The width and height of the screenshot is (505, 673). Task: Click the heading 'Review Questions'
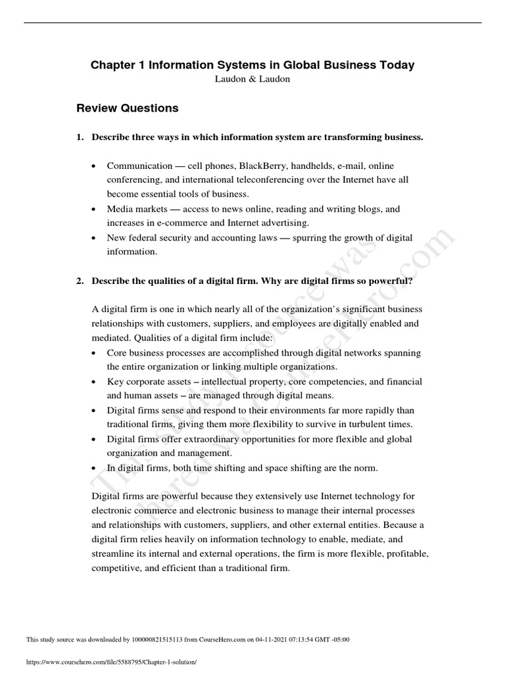[x=128, y=108]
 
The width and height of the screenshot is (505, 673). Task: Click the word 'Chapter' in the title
[x=111, y=65]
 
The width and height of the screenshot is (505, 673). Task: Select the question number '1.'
[x=80, y=137]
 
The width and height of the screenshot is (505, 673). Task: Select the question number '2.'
[x=80, y=281]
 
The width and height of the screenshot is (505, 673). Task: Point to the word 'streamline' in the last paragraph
[x=112, y=553]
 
